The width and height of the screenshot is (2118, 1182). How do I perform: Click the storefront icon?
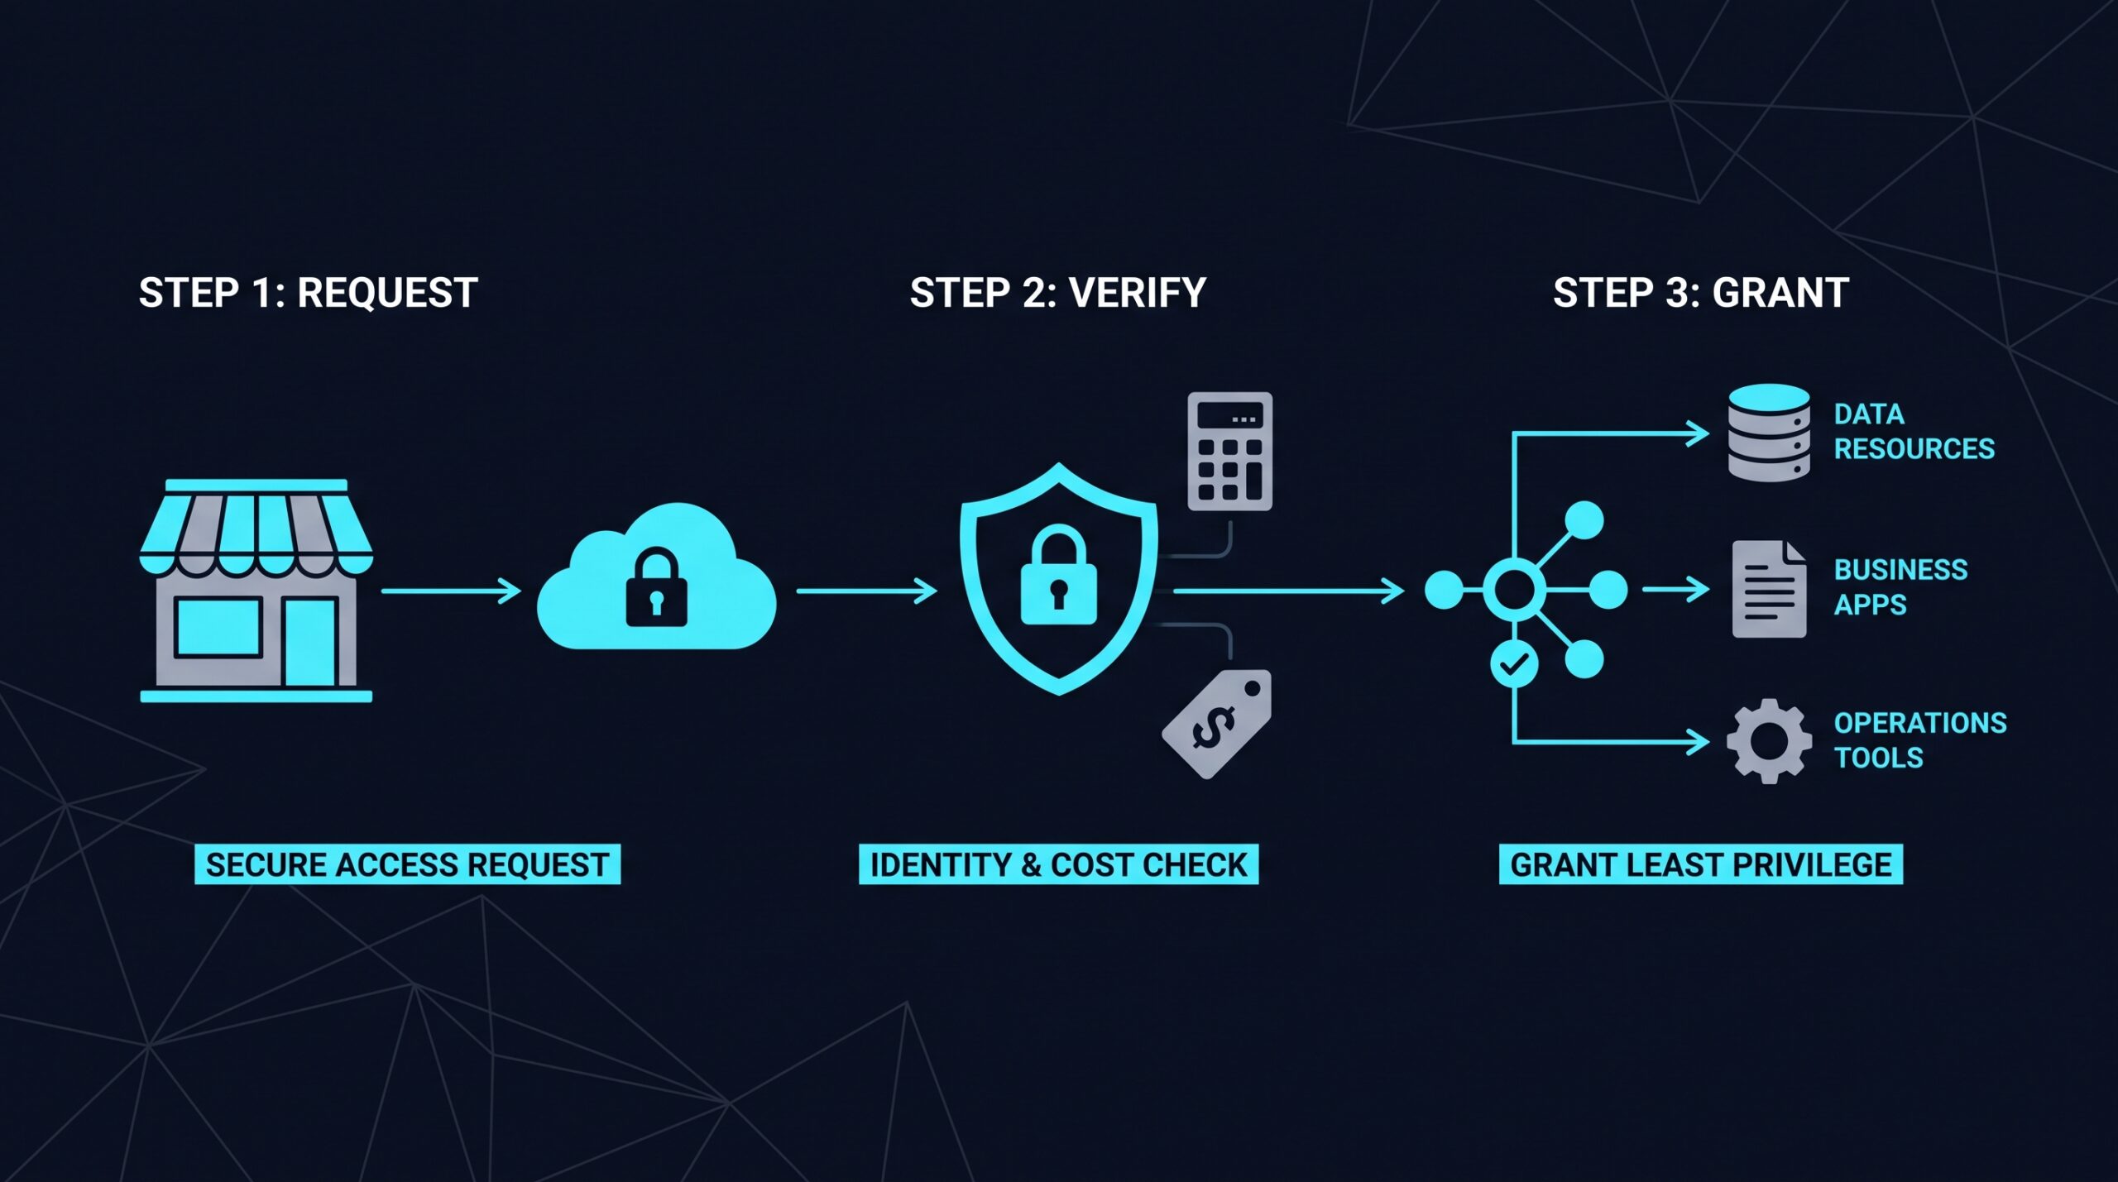[x=256, y=590]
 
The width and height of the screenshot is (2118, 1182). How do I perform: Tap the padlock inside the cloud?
[x=656, y=586]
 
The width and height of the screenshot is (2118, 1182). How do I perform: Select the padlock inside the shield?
[x=1058, y=576]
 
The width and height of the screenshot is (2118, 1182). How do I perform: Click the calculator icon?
[x=1229, y=452]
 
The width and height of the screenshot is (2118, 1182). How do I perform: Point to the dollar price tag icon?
[x=1217, y=724]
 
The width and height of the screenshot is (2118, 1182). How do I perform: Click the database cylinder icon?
[x=1769, y=432]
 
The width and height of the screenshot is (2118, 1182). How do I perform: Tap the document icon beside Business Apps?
[x=1769, y=589]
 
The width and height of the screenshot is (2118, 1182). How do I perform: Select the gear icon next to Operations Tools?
[x=1769, y=741]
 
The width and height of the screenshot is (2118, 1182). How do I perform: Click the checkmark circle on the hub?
[x=1514, y=663]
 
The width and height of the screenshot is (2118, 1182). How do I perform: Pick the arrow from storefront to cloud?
[x=452, y=591]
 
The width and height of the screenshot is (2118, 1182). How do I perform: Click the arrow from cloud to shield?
[x=867, y=591]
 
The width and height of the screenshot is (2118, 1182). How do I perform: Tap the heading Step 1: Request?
[x=308, y=293]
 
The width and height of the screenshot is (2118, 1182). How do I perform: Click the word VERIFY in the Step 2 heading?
[x=1137, y=293]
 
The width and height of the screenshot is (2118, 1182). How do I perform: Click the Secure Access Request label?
[x=407, y=864]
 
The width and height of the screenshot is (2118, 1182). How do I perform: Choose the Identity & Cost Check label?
[x=1058, y=864]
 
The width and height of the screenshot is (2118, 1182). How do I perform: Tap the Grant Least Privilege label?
[x=1701, y=864]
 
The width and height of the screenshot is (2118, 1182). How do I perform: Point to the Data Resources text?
[x=1914, y=431]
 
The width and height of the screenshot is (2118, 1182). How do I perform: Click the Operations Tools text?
[x=1920, y=740]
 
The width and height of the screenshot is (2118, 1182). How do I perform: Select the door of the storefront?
[x=311, y=640]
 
